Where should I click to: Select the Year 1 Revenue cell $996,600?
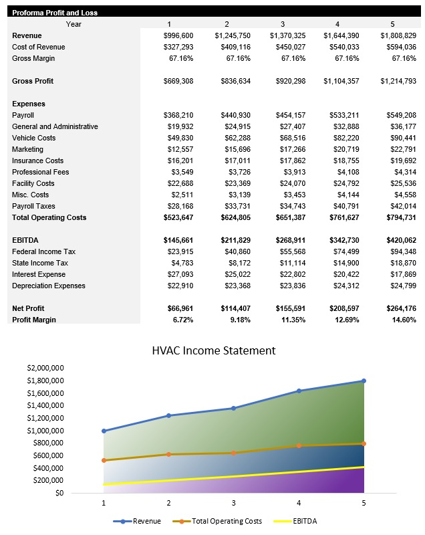178,35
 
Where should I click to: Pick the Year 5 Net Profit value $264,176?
398,308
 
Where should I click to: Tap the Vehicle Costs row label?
34,138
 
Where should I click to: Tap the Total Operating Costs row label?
49,217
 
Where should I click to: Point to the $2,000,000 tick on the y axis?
45,368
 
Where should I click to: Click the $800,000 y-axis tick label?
48,443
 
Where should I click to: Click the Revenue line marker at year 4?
299,391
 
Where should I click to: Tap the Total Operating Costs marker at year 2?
168,454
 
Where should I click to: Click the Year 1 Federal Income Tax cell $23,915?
180,251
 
